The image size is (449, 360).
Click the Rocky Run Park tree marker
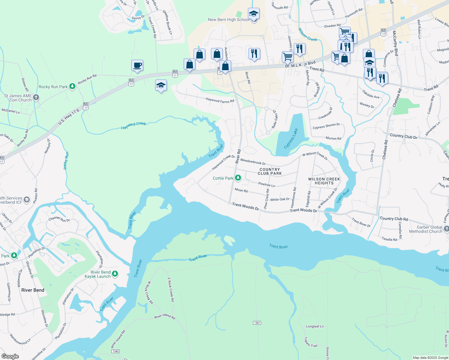pos(72,86)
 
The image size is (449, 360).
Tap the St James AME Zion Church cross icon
pos(36,97)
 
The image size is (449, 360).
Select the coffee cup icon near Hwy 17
pos(137,65)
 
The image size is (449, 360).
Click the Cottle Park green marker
pos(238,178)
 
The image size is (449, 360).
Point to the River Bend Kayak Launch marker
pos(115,274)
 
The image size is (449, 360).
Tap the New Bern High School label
pos(228,19)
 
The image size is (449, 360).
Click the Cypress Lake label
pos(291,139)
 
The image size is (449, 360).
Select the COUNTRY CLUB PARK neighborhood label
pos(270,171)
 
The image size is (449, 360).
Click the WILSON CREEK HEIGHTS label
pos(324,181)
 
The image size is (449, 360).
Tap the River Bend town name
pos(33,290)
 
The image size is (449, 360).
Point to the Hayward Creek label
pos(134,125)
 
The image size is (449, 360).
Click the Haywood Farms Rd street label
pos(220,100)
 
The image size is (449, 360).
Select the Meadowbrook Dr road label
pos(253,162)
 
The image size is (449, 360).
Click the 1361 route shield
pos(257,323)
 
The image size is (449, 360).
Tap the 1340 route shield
pos(115,351)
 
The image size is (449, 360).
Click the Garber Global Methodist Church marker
pos(446,229)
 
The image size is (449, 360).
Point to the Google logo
pos(10,356)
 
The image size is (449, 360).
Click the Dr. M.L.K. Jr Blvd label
pos(300,64)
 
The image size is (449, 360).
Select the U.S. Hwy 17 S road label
pos(69,117)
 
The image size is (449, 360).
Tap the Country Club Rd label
pos(394,219)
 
